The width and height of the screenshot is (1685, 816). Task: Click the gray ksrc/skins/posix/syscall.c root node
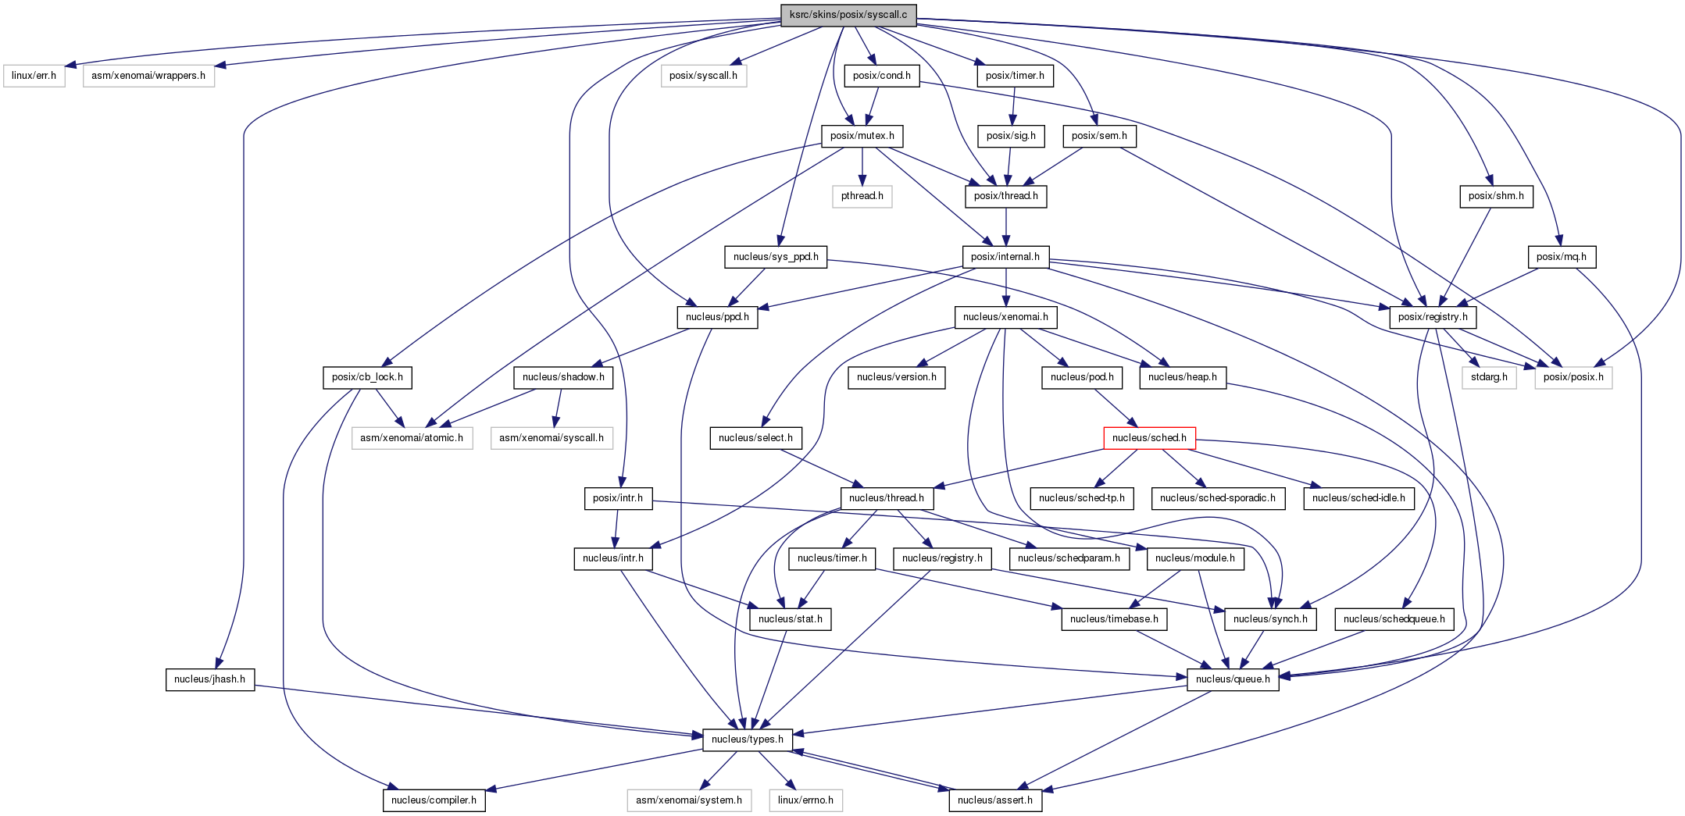coord(848,15)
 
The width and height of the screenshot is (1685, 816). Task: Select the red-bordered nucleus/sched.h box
coord(1149,438)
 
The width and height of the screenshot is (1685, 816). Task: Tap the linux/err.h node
coord(34,76)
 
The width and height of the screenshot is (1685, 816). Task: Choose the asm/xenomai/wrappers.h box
coord(148,76)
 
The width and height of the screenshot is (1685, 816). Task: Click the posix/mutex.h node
coord(862,136)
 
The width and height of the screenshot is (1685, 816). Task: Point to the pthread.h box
coord(862,196)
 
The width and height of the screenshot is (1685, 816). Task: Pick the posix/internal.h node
coord(1005,257)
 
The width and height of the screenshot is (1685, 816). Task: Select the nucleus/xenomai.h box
coord(1006,317)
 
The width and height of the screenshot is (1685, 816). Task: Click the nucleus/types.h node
coord(748,739)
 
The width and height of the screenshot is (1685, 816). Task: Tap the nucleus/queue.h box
coord(1233,679)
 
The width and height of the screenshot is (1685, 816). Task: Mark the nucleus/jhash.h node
coord(209,679)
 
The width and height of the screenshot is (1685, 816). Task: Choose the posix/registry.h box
coord(1433,317)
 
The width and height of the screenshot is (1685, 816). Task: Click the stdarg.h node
coord(1489,377)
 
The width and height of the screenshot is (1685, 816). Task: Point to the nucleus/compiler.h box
coord(434,800)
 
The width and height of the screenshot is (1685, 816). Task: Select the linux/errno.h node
coord(805,800)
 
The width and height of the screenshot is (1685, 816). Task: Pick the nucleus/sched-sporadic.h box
coord(1218,498)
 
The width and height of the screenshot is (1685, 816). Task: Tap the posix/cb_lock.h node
coord(367,377)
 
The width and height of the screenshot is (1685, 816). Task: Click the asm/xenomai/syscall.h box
coord(552,438)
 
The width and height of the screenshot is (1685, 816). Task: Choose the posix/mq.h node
coord(1562,257)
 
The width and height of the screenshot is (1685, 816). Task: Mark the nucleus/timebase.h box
coord(1115,619)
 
